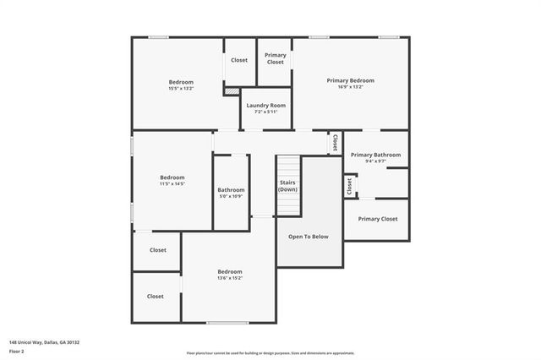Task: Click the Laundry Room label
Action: [x=265, y=106]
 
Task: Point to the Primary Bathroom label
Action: [x=375, y=155]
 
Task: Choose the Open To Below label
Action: [x=308, y=237]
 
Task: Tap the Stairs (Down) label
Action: [x=287, y=186]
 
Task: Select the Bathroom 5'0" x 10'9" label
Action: [x=231, y=193]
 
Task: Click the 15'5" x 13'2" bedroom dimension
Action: [x=181, y=88]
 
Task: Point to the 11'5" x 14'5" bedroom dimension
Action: [x=172, y=183]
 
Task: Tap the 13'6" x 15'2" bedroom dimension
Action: [x=230, y=278]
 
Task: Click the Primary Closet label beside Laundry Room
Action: [x=276, y=58]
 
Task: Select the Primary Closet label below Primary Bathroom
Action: [x=377, y=219]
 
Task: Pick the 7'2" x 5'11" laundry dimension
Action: [x=265, y=112]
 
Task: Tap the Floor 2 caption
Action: [x=16, y=351]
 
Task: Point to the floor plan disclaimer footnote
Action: [x=270, y=353]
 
